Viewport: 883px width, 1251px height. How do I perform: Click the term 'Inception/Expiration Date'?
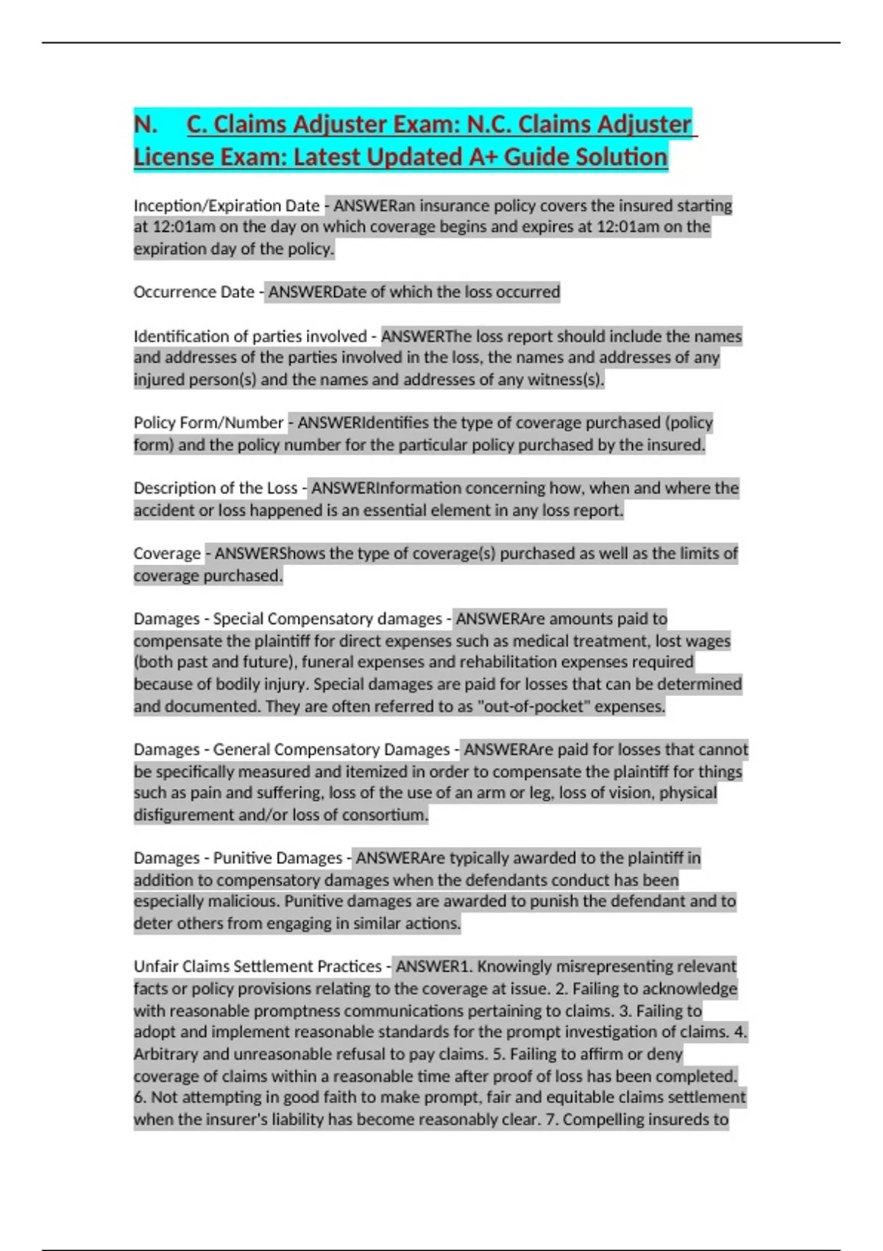tap(226, 206)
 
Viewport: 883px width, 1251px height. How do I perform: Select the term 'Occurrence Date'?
tap(194, 292)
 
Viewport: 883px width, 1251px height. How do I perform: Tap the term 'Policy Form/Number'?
tap(208, 423)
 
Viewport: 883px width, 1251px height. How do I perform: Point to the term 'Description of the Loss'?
tap(215, 489)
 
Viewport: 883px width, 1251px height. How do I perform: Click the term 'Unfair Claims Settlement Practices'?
tap(258, 967)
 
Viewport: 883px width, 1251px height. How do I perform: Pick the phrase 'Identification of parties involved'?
tap(249, 336)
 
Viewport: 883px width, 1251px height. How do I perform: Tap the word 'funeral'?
tap(327, 662)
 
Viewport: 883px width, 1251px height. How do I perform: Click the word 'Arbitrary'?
tap(166, 1055)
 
